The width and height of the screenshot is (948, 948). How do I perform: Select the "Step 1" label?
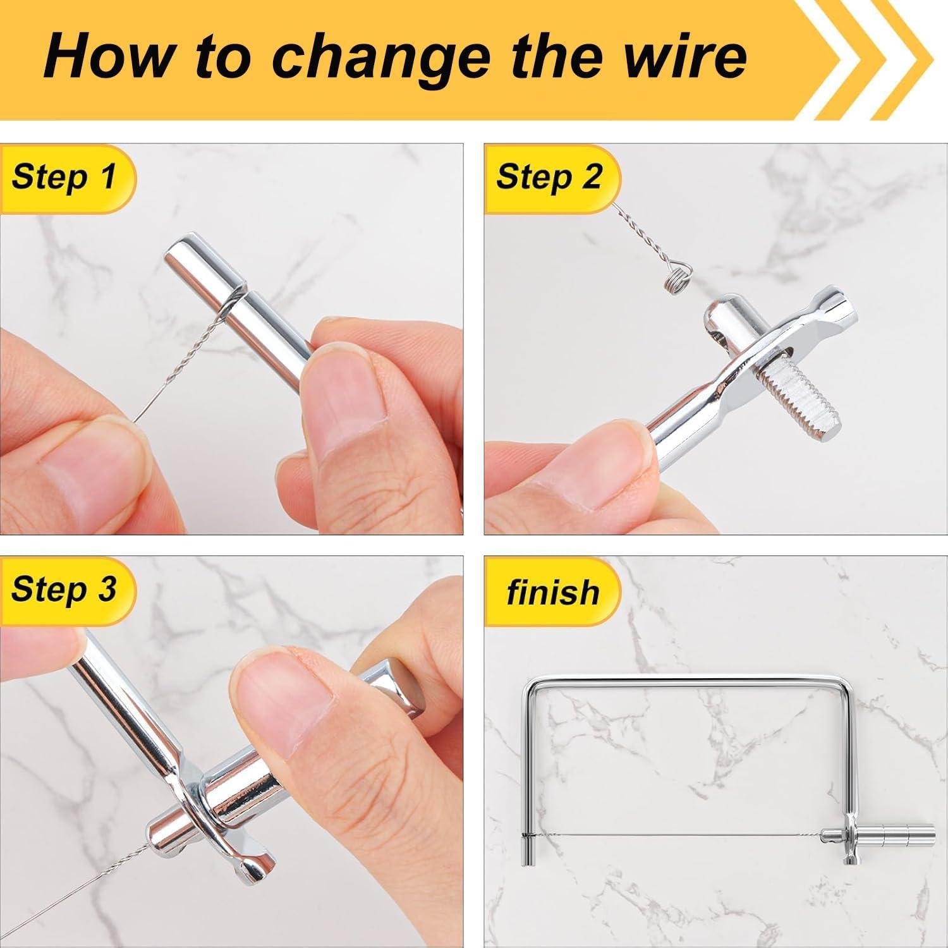tap(64, 176)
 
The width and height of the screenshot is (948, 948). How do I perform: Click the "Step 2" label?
tap(549, 176)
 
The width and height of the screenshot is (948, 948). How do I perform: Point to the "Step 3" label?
tap(64, 589)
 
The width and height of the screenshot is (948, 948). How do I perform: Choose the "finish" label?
tap(552, 592)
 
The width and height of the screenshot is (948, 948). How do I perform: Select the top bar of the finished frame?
tap(689, 681)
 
